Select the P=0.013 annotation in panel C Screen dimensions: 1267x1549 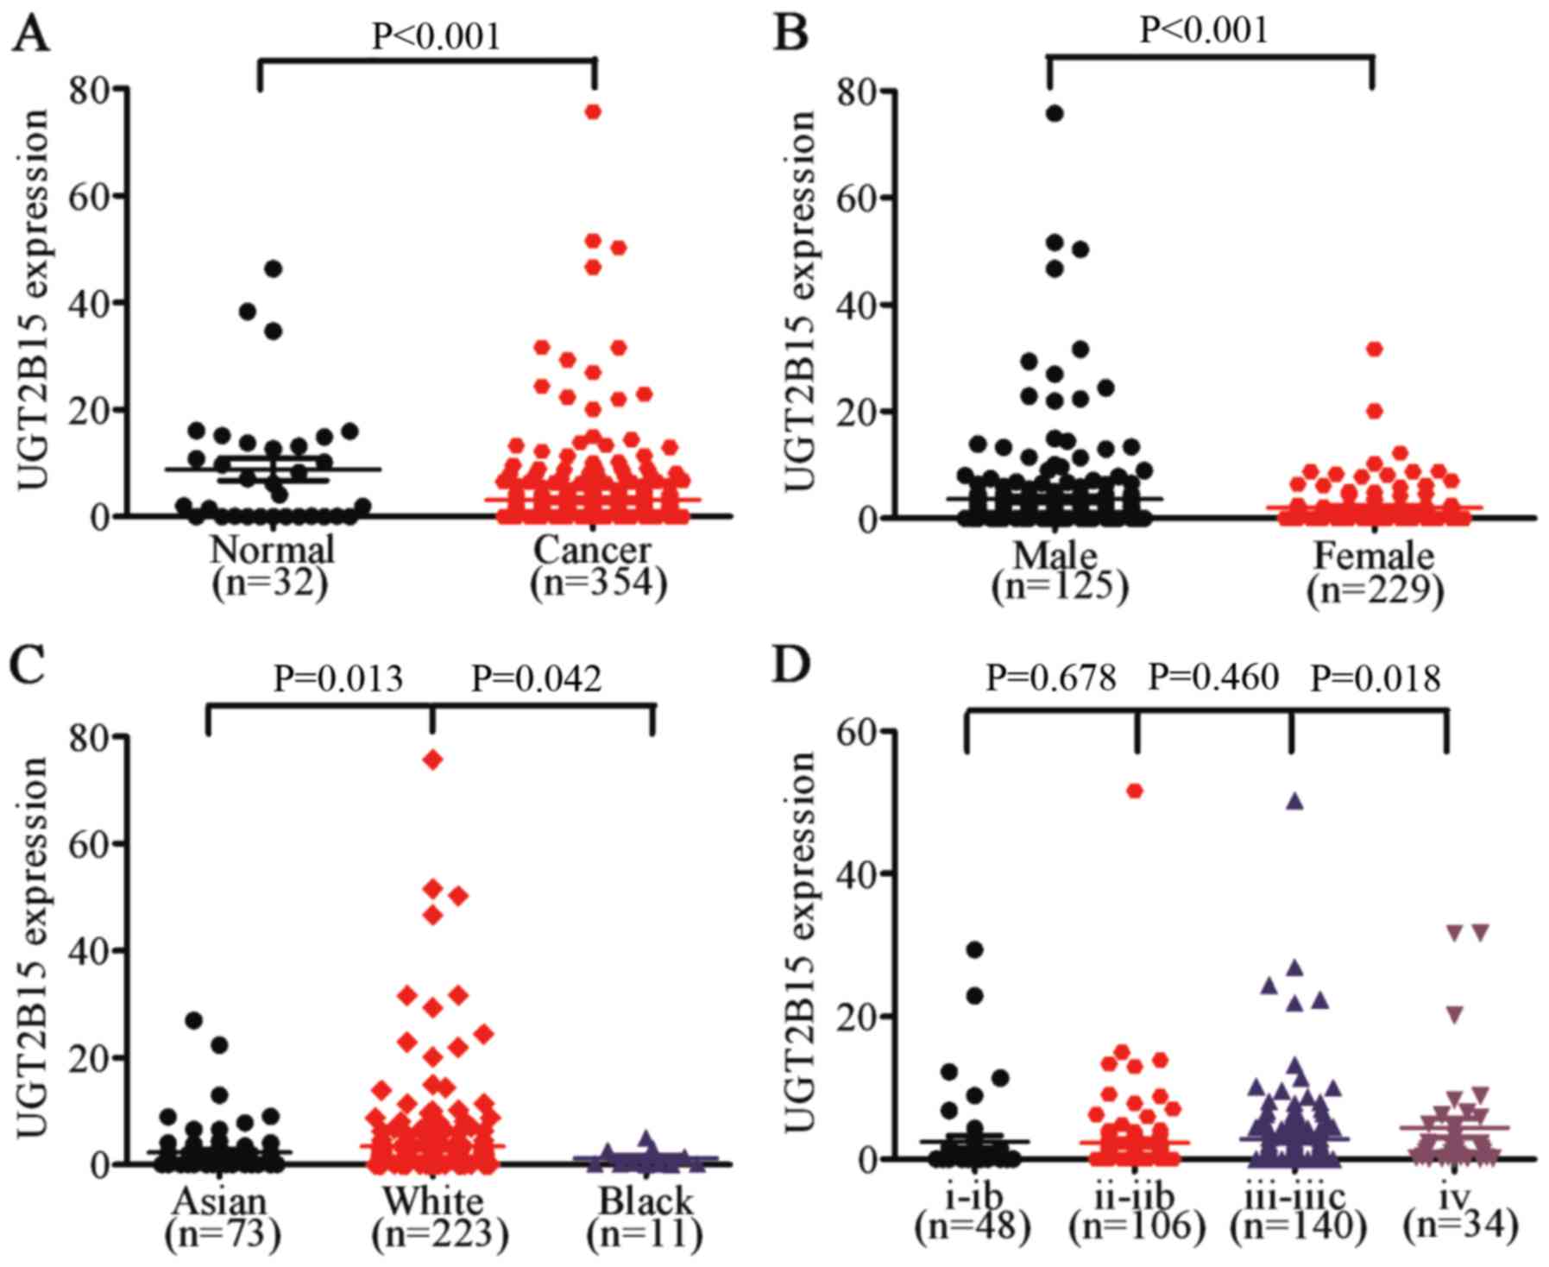click(x=337, y=679)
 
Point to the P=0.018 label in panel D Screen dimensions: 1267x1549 click(x=1376, y=679)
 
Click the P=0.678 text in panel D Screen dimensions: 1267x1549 click(x=1051, y=679)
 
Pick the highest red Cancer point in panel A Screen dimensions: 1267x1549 click(x=593, y=111)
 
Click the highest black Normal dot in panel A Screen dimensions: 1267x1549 click(x=274, y=268)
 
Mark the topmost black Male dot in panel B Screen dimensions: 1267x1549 click(x=1055, y=113)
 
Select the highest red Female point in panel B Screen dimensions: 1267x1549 click(x=1375, y=349)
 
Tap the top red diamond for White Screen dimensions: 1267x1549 click(x=432, y=760)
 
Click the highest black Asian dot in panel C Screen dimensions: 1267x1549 click(x=194, y=1020)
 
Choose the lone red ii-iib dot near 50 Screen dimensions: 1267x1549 click(x=1136, y=791)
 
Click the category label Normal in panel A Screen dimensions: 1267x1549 click(x=271, y=550)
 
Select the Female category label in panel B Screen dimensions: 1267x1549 click(x=1373, y=555)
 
